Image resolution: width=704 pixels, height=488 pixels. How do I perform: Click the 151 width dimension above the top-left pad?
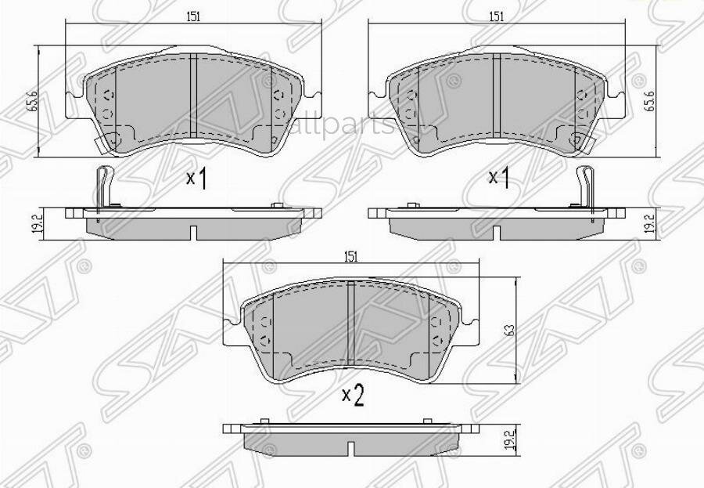tap(192, 16)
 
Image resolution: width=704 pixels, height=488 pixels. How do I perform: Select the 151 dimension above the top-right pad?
tap(494, 16)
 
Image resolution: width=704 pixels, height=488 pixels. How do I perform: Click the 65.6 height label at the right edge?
tap(648, 102)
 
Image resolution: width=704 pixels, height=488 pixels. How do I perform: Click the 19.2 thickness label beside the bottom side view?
tap(510, 439)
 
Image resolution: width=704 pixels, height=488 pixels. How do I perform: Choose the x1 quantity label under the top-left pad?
tap(196, 179)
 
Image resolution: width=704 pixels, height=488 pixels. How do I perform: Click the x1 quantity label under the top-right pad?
tap(499, 178)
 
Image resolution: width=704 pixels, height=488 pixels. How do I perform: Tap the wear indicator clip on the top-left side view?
tap(99, 188)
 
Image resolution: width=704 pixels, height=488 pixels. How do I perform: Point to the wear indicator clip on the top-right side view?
tap(584, 188)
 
